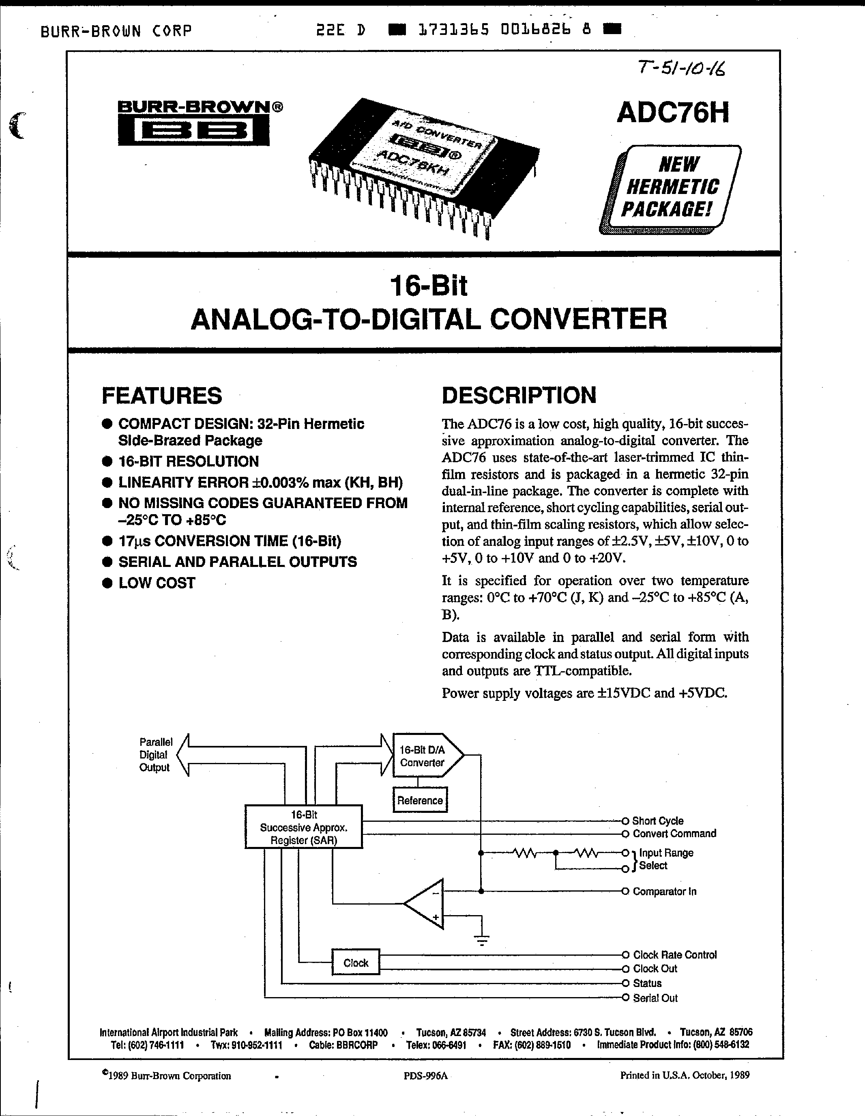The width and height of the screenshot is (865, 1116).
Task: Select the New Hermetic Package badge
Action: pyautogui.click(x=672, y=187)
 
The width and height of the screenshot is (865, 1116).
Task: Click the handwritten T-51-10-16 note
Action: pyautogui.click(x=682, y=67)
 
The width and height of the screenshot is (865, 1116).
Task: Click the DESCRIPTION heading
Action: pyautogui.click(x=519, y=395)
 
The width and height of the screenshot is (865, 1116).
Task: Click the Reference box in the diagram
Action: pyautogui.click(x=420, y=800)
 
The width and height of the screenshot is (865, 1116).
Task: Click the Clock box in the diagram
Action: pyautogui.click(x=355, y=963)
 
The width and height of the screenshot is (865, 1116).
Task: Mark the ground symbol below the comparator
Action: pyautogui.click(x=481, y=939)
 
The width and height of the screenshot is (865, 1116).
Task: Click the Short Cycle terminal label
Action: pyautogui.click(x=658, y=821)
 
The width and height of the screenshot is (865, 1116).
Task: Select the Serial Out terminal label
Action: pyautogui.click(x=655, y=998)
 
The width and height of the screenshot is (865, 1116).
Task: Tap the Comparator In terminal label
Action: pyautogui.click(x=664, y=891)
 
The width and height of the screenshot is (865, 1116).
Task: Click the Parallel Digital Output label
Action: pyautogui.click(x=155, y=755)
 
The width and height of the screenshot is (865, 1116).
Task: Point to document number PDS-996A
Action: pyautogui.click(x=425, y=1075)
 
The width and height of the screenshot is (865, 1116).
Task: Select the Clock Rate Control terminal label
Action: pyautogui.click(x=674, y=954)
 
